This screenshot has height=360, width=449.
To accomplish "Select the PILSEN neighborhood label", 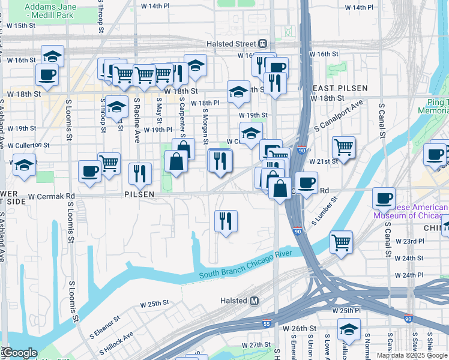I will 139,194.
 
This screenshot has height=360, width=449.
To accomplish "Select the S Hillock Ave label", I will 118,343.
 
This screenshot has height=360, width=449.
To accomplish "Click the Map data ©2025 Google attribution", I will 411,355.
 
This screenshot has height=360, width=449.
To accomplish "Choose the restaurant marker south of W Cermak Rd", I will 226,221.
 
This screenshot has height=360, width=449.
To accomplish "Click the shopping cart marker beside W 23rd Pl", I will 341,242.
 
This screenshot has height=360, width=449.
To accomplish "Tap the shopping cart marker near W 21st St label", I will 343,146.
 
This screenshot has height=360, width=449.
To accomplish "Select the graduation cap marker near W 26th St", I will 349,329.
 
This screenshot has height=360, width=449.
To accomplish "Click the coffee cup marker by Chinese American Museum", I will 384,197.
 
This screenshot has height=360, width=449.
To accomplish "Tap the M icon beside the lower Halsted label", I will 254,301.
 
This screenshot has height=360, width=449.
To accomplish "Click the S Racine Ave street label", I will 137,121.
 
